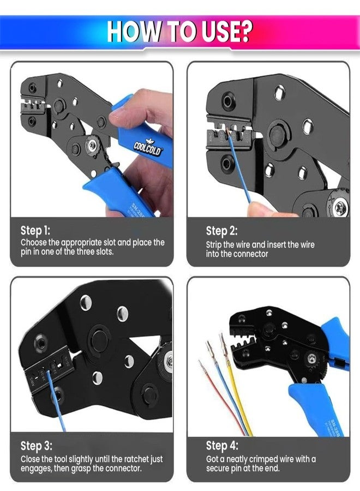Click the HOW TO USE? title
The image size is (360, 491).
pyautogui.click(x=179, y=31)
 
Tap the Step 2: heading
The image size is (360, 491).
pyautogui.click(x=221, y=231)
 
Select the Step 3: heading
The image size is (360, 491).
pyautogui.click(x=36, y=446)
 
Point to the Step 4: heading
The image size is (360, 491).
pyautogui.click(x=222, y=446)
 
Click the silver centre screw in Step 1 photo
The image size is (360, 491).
pyautogui.click(x=93, y=146)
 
